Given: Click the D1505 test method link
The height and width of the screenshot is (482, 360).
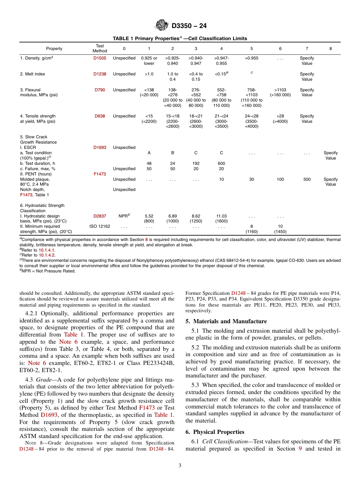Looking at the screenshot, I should (100, 58).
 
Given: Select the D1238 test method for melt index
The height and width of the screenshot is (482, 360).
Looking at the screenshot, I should (100, 74).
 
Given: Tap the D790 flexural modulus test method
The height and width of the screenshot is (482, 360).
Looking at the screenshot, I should (100, 90).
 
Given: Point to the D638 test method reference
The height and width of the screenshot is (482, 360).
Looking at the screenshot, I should (100, 116).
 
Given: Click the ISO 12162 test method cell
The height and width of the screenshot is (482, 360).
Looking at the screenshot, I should (100, 226).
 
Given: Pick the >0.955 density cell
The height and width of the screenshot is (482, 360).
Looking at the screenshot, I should (252, 58).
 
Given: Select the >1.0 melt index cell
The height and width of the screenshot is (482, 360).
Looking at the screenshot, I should (149, 74).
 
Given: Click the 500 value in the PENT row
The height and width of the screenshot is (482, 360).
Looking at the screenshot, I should (307, 179).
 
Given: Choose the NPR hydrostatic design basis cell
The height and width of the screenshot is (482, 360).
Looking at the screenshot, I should (124, 216).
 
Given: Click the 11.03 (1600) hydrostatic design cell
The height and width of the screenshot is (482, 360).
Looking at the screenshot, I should (221, 218).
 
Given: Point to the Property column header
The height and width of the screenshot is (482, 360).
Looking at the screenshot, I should (54, 49).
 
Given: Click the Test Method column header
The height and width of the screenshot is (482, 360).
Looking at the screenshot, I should (100, 48).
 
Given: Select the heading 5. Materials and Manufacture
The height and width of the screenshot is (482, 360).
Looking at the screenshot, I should (226, 321).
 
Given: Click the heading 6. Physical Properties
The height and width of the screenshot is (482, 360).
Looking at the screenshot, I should (215, 432).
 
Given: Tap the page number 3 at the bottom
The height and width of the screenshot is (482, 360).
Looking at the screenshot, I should (180, 466).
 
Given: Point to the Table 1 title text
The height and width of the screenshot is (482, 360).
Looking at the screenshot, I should (180, 38).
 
